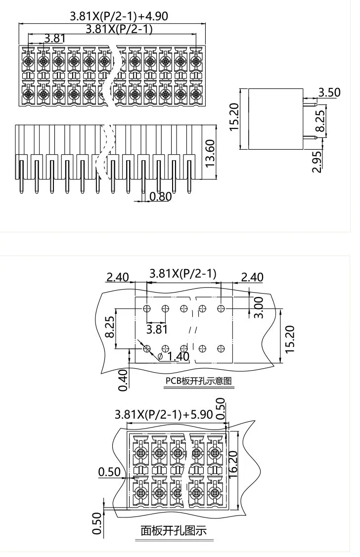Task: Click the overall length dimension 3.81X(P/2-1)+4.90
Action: pyautogui.click(x=119, y=16)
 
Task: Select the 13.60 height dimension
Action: pyautogui.click(x=210, y=154)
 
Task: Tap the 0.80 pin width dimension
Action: pyautogui.click(x=160, y=197)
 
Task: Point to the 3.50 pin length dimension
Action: pyautogui.click(x=329, y=92)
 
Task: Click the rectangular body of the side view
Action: pyautogui.click(x=275, y=119)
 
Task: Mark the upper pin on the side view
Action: pyautogui.click(x=310, y=103)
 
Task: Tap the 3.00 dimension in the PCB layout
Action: pyautogui.click(x=258, y=307)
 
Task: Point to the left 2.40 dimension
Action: pyautogui.click(x=118, y=276)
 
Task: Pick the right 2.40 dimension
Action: pyautogui.click(x=252, y=276)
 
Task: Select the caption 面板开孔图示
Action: pyautogui.click(x=174, y=531)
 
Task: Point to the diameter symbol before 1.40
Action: pyautogui.click(x=161, y=356)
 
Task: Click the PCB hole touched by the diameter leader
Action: pyautogui.click(x=146, y=349)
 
